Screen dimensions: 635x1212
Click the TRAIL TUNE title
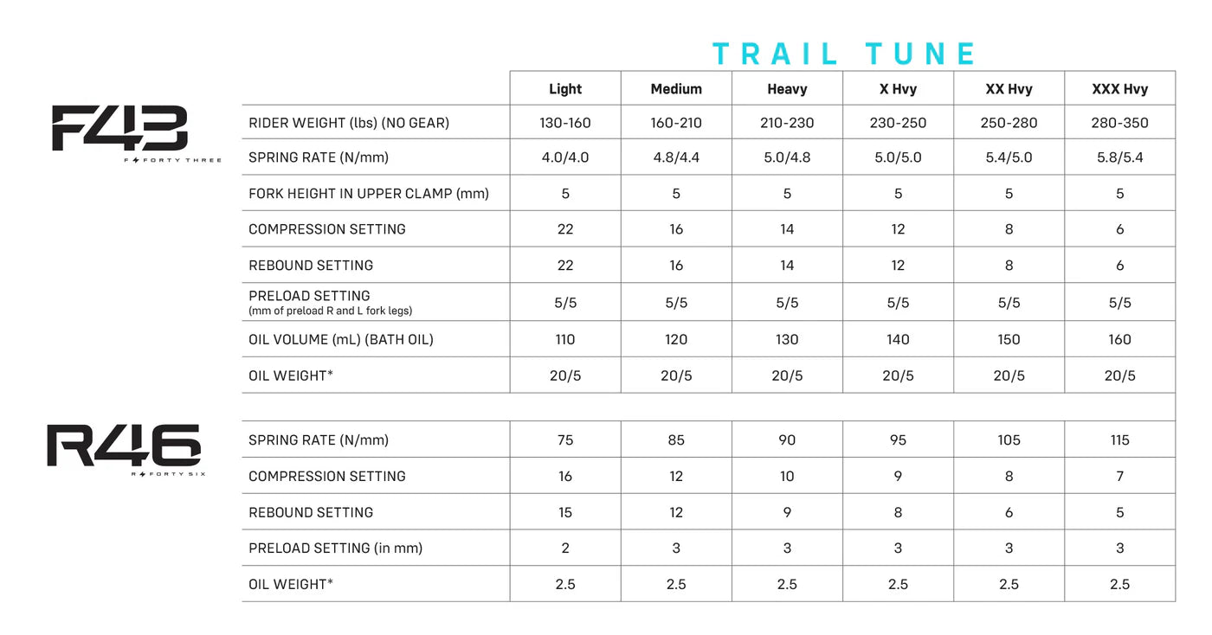tap(844, 55)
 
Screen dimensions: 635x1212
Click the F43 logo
tap(120, 129)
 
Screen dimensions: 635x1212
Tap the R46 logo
tap(124, 446)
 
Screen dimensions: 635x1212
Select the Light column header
tap(565, 89)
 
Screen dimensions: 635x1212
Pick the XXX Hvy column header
tap(1119, 89)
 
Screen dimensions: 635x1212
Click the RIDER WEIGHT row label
tap(349, 123)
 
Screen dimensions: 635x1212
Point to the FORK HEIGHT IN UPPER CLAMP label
tap(368, 194)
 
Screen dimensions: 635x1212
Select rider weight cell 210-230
tap(787, 123)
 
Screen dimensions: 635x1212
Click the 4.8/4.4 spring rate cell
tap(676, 158)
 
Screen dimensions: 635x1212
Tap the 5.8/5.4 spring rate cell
tap(1119, 158)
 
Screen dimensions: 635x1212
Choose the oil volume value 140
tap(898, 340)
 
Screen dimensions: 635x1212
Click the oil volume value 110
tap(565, 340)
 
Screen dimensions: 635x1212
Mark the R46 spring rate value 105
tap(1009, 440)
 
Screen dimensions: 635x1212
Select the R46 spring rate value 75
tap(565, 440)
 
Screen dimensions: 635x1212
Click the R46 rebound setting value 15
tap(565, 513)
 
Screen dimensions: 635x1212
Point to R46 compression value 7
tap(1119, 477)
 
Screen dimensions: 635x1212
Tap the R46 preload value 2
tap(565, 548)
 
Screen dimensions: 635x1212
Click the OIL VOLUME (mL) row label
tap(340, 340)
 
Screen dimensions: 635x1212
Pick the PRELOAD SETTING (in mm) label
tap(335, 548)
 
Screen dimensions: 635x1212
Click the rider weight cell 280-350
tap(1119, 123)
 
